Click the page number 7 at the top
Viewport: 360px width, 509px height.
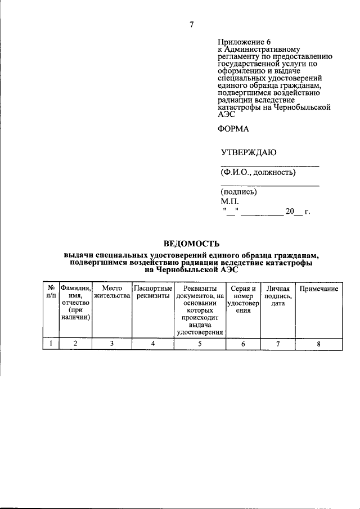point(191,24)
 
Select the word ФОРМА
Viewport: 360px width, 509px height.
point(233,128)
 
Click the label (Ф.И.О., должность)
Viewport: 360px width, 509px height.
point(258,172)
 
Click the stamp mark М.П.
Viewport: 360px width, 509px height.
point(229,201)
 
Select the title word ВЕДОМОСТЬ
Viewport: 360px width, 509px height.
point(191,244)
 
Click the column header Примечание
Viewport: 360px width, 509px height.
point(318,289)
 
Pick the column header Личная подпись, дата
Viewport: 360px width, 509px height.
point(278,296)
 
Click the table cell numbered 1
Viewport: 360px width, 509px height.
point(51,343)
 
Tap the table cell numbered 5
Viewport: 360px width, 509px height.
point(200,343)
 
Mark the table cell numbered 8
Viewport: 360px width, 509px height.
point(318,343)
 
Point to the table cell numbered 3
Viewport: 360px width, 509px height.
point(112,343)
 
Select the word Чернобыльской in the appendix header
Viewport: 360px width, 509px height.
point(301,106)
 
